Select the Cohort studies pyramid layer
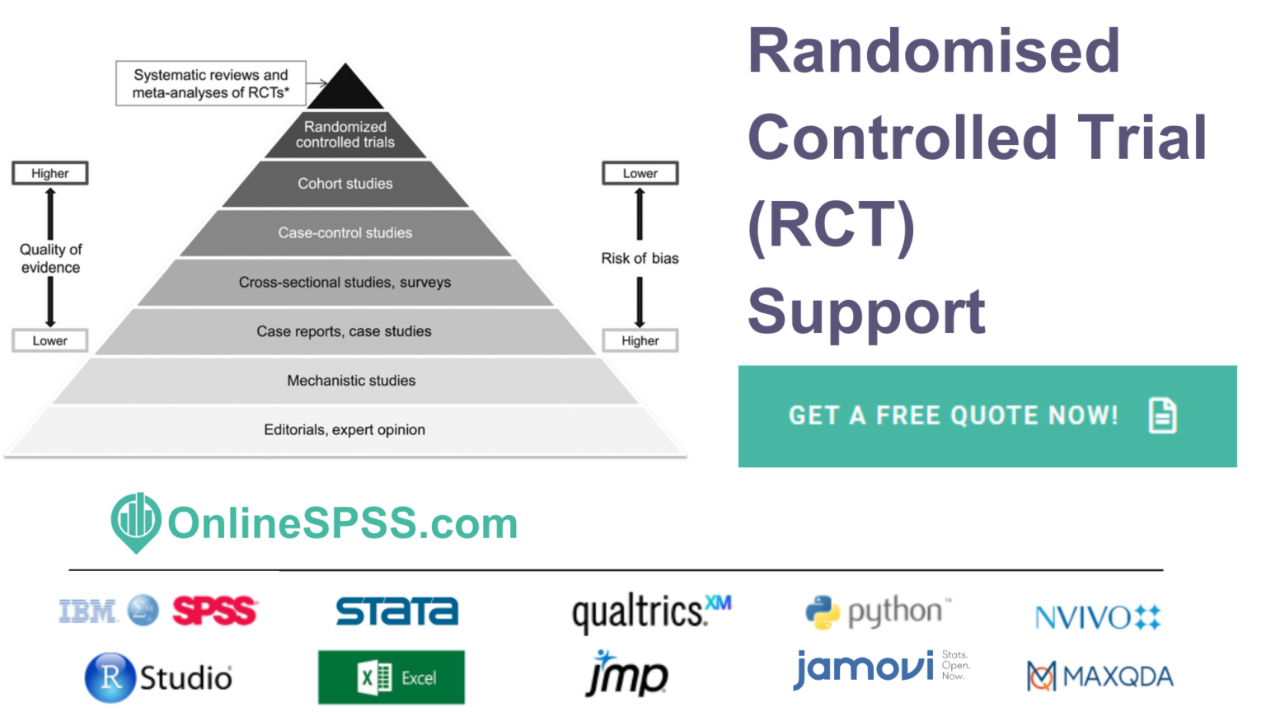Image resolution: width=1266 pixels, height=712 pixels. point(345,184)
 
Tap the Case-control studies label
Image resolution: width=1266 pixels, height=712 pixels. point(345,233)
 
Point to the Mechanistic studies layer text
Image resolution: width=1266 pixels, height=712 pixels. point(351,381)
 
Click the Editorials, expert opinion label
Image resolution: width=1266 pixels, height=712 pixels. point(345,430)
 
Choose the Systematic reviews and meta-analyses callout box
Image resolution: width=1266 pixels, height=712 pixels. point(211,84)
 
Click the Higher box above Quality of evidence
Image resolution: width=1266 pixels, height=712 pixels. point(50,174)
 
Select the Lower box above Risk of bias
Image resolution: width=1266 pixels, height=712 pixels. point(640,174)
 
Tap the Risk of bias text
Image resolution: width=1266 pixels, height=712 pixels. point(640,259)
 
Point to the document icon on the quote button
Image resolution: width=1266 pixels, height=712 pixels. point(1162,415)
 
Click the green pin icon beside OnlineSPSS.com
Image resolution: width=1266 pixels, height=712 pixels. point(135,522)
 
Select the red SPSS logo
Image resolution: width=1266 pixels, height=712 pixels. point(214,611)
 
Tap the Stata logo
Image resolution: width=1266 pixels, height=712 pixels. point(396,611)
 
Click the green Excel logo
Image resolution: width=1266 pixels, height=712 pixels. point(392,677)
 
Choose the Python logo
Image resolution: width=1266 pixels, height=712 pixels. point(877,612)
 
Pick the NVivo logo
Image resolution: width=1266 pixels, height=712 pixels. point(1098,617)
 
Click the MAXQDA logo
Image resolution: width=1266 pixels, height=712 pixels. point(1100,677)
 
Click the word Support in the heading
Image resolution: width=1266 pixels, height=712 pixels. point(866,311)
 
